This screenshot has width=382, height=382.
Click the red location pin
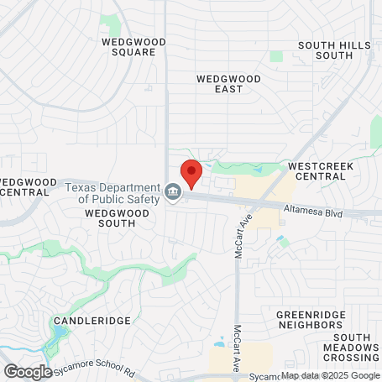pyautogui.click(x=191, y=172)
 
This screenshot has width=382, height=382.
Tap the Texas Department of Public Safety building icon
pyautogui.click(x=173, y=192)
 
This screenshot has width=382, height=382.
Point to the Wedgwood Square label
pyautogui.click(x=128, y=46)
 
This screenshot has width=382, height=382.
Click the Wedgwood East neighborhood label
pyautogui.click(x=228, y=84)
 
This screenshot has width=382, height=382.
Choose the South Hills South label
pyautogui.click(x=333, y=50)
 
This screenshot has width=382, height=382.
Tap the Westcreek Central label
pyautogui.click(x=319, y=171)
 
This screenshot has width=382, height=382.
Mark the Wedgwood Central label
pyautogui.click(x=24, y=186)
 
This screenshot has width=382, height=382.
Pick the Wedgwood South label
pyautogui.click(x=117, y=219)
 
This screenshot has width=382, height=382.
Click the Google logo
pyautogui.click(x=27, y=371)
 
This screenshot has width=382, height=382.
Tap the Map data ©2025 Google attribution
pyautogui.click(x=330, y=375)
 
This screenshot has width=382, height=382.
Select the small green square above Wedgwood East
pyautogui.click(x=276, y=56)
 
